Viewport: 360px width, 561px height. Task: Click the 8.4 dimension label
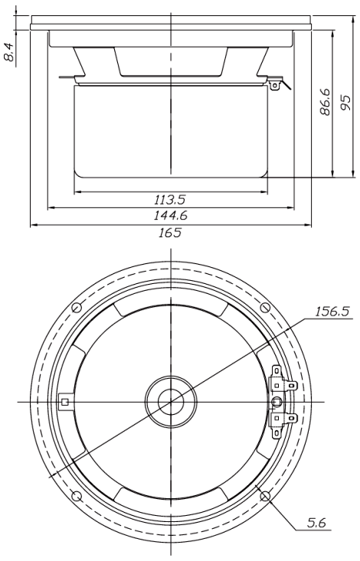coord(10,52)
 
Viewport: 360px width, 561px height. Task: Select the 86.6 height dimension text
coord(326,102)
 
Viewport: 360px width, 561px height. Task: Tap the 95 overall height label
coord(345,103)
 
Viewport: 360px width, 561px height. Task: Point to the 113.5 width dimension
coord(170,199)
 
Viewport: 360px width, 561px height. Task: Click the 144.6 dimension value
coord(171,215)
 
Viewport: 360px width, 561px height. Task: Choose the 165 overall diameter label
coord(170,233)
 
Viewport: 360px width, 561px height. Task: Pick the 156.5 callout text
coord(332,311)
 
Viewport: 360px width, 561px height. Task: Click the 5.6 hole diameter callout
coord(316,523)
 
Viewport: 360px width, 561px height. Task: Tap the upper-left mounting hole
coord(77,308)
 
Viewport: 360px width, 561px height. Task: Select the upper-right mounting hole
coord(265,308)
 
